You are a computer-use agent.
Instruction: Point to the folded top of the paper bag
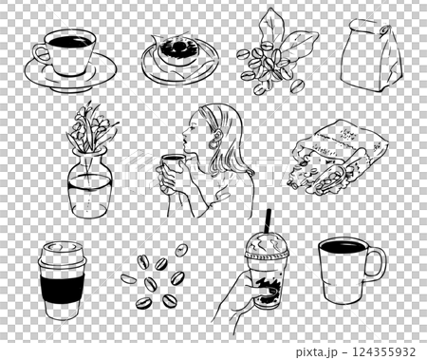coord(365,26)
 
